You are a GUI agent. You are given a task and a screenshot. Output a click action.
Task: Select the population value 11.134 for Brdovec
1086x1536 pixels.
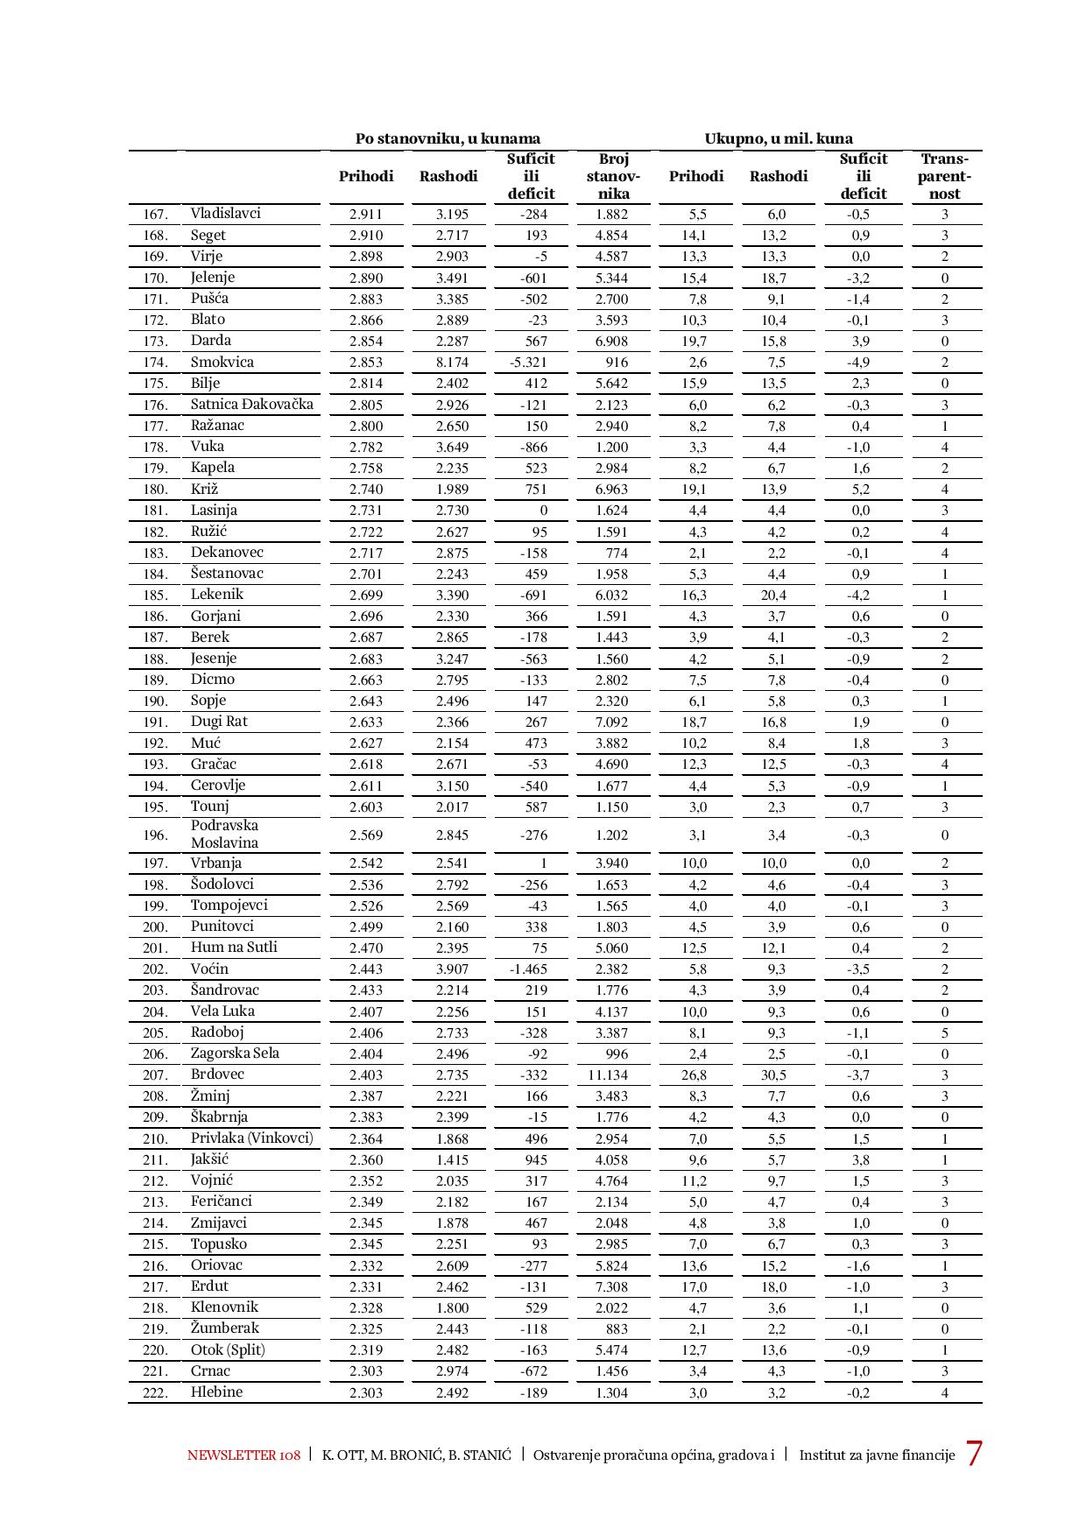[x=611, y=1074]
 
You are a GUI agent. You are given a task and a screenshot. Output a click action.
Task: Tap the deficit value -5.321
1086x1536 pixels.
[x=528, y=363]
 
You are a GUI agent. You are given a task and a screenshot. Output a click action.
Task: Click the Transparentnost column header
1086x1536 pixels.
[x=944, y=176]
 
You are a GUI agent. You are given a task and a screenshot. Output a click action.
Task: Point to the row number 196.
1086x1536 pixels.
[x=155, y=835]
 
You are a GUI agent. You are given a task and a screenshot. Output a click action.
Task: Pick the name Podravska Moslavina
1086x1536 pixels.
[x=225, y=834]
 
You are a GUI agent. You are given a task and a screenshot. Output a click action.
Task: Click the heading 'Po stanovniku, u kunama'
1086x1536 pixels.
[x=448, y=138]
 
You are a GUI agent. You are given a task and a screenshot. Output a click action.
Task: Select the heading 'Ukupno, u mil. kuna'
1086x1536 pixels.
[x=779, y=138]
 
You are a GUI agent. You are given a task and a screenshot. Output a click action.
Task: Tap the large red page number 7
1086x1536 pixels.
[x=973, y=1455]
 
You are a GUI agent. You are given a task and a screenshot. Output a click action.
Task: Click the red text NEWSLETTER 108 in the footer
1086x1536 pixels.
[x=243, y=1455]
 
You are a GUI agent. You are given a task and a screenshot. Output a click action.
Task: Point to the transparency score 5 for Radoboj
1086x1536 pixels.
[x=944, y=1032]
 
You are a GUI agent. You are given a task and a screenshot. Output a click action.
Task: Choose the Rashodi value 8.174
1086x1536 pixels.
[x=452, y=363]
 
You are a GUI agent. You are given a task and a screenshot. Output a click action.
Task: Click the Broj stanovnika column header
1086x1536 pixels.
[x=613, y=176]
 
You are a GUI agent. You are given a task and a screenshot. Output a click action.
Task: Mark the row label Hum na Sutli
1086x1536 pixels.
[x=234, y=947]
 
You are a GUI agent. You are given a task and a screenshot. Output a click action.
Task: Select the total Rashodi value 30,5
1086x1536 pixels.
[x=777, y=1074]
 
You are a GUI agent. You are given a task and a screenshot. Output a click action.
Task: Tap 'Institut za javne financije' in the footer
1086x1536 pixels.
[x=877, y=1455]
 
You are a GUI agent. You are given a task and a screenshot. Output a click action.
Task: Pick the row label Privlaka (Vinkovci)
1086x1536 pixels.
[x=251, y=1138]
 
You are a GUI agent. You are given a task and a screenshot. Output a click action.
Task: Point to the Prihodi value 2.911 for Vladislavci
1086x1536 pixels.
[x=365, y=214]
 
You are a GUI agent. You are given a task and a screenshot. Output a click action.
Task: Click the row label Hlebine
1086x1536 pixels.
[x=216, y=1392]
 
